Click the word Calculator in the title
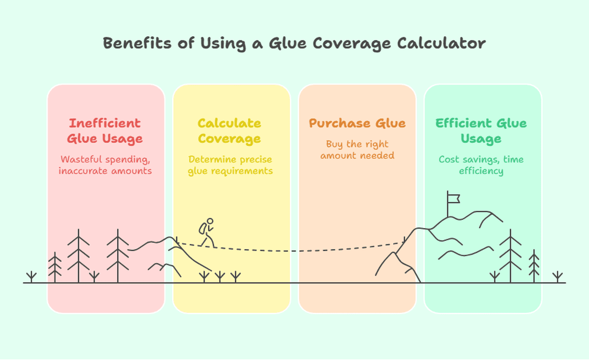[x=441, y=43]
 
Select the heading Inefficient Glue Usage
[x=105, y=131]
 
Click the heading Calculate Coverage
[x=230, y=131]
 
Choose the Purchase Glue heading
[x=357, y=123]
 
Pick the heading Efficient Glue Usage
[x=481, y=131]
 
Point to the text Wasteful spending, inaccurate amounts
[x=105, y=165]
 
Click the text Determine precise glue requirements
[x=230, y=165]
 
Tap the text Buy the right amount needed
[x=357, y=150]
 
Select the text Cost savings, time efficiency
[x=481, y=165]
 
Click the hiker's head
[x=210, y=221]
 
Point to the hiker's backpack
[x=202, y=229]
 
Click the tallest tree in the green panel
[x=510, y=256]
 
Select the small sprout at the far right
[x=558, y=277]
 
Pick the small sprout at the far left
[x=32, y=277]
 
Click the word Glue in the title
[x=288, y=43]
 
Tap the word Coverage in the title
[x=352, y=43]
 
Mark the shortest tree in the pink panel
[x=55, y=267]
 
